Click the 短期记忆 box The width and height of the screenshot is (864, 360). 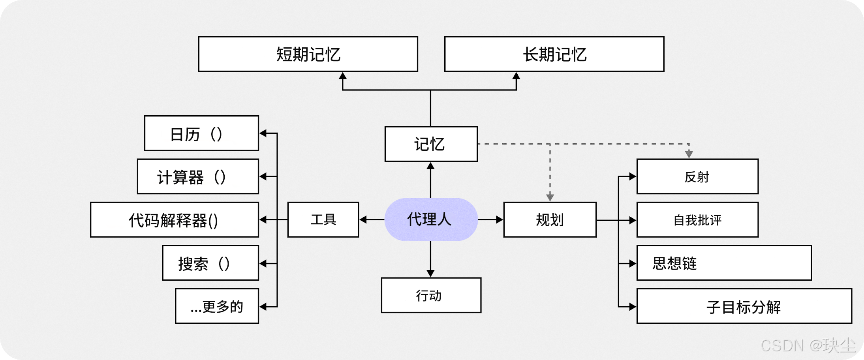click(308, 54)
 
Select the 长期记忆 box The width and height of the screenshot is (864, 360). click(554, 54)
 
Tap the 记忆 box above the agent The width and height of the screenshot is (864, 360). click(431, 144)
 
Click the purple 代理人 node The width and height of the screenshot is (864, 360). click(431, 219)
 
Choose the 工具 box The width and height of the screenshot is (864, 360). click(323, 219)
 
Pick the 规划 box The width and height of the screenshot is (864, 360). click(550, 219)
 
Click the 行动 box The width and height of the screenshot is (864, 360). click(431, 295)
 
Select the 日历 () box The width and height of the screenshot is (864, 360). click(201, 133)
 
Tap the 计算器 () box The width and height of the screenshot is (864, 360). click(198, 176)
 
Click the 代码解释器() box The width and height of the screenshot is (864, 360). click(174, 219)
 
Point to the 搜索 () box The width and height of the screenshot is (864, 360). click(210, 263)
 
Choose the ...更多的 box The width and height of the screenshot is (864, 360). click(217, 306)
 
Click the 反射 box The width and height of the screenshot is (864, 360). click(697, 176)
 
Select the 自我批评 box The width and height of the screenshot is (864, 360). click(697, 219)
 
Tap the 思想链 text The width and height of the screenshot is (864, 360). click(674, 263)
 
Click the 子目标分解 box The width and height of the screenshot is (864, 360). click(744, 306)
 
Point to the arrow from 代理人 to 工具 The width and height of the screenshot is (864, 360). click(372, 219)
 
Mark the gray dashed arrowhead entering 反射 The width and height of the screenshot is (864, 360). click(689, 154)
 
